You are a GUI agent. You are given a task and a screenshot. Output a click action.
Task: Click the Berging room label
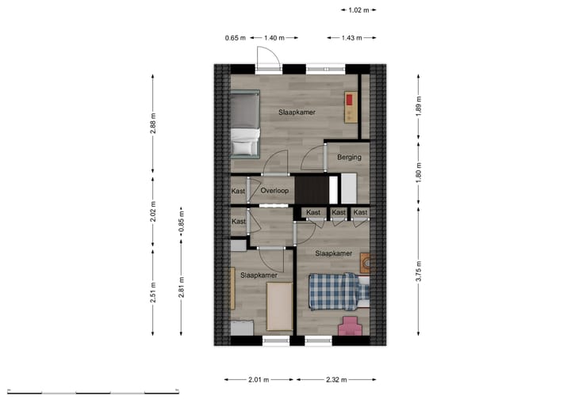pos(349,157)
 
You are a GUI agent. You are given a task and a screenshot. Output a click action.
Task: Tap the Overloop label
pos(273,191)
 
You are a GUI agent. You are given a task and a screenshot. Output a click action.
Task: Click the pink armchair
pos(351,326)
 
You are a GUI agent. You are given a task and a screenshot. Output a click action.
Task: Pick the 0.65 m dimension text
pos(235,37)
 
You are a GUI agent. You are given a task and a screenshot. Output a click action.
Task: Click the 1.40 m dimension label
pos(274,37)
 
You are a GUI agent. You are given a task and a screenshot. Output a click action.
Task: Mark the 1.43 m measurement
pos(351,37)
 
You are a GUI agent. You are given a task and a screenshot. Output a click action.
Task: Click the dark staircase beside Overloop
pos(311,189)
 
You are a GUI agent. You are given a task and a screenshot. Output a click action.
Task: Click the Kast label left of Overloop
pos(238,191)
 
